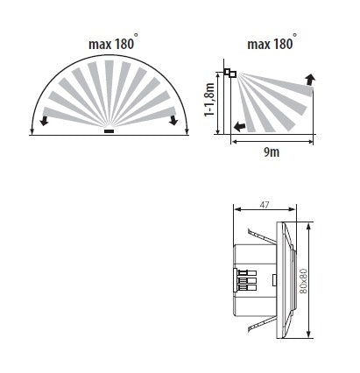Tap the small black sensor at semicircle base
coord(109,132)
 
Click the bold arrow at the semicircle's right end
coord(174,119)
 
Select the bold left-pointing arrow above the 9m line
coord(238,127)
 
